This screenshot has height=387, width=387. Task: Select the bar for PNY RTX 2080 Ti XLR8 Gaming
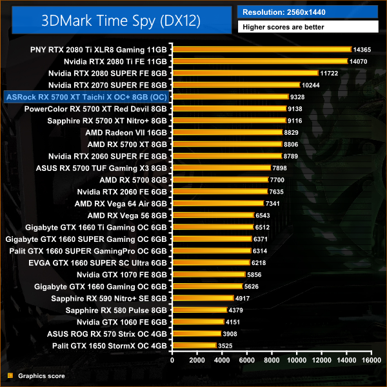tap(261, 49)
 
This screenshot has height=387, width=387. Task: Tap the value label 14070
tap(359, 61)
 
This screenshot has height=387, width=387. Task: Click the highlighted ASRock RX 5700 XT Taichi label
tap(86, 97)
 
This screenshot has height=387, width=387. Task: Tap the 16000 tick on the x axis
tap(371, 362)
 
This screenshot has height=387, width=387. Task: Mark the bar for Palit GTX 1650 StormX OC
tap(193, 346)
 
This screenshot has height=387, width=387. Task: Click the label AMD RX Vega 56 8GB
tap(127, 215)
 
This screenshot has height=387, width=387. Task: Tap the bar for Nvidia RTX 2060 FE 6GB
tap(219, 192)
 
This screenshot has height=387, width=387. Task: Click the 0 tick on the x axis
tap(171, 362)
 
